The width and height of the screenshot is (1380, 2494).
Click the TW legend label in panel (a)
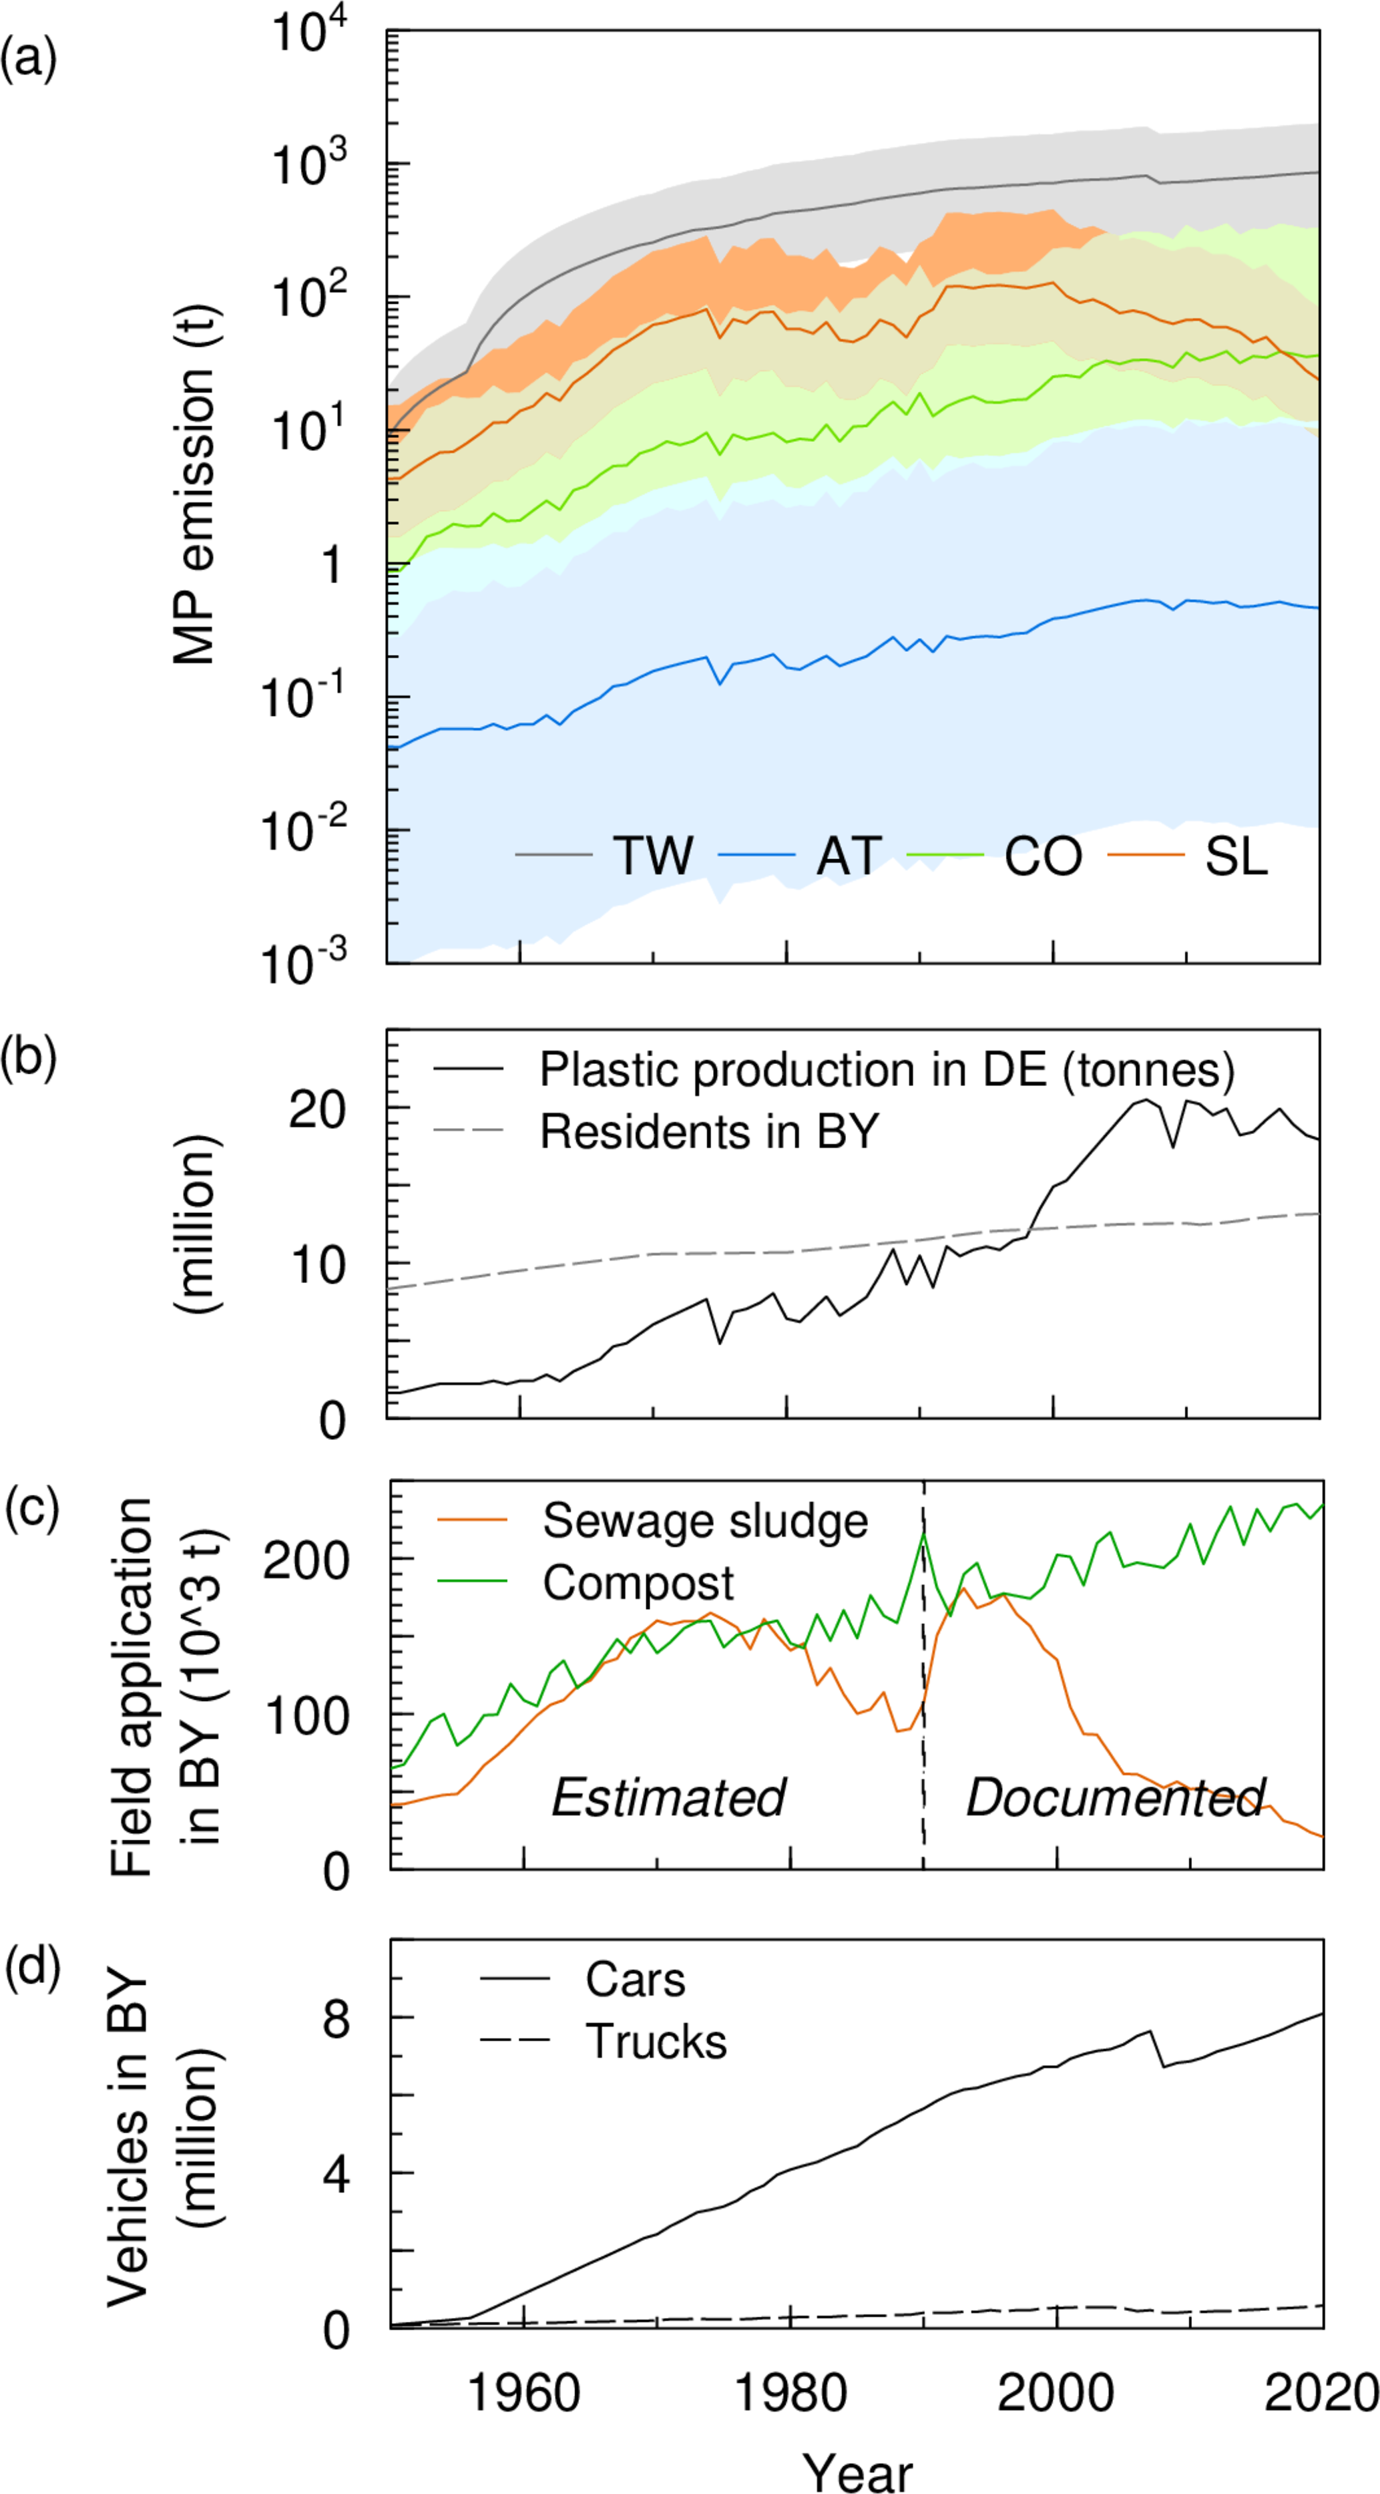click(653, 856)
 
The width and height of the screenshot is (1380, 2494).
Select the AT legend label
click(849, 856)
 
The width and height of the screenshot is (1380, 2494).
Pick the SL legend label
click(1236, 856)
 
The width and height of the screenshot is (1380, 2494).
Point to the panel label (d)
click(33, 1966)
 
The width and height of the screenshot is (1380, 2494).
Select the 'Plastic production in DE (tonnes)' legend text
click(887, 1070)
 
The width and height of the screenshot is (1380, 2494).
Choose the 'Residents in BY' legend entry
click(709, 1131)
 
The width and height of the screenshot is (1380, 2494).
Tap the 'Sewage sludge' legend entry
click(704, 1521)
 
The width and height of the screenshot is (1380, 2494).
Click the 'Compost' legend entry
click(638, 1583)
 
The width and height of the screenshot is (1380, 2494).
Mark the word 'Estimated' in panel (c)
click(668, 1770)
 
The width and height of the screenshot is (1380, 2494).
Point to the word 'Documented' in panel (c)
click(1116, 1770)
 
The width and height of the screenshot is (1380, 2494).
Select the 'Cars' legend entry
click(635, 1980)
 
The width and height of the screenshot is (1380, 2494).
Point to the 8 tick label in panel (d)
click(336, 2020)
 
